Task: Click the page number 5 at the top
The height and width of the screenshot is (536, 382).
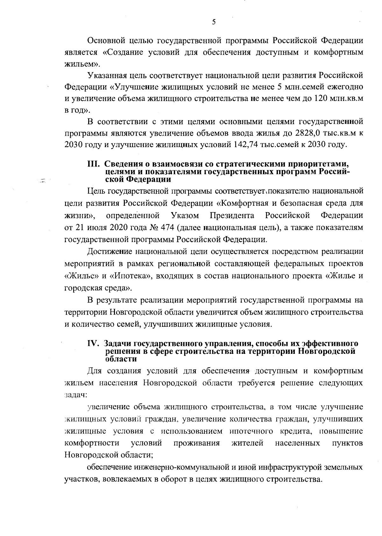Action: pos(214,22)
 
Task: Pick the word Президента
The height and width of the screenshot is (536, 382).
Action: pos(232,215)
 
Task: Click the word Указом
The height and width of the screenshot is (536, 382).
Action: pos(185,215)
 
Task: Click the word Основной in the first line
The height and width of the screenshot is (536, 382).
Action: pos(106,40)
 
